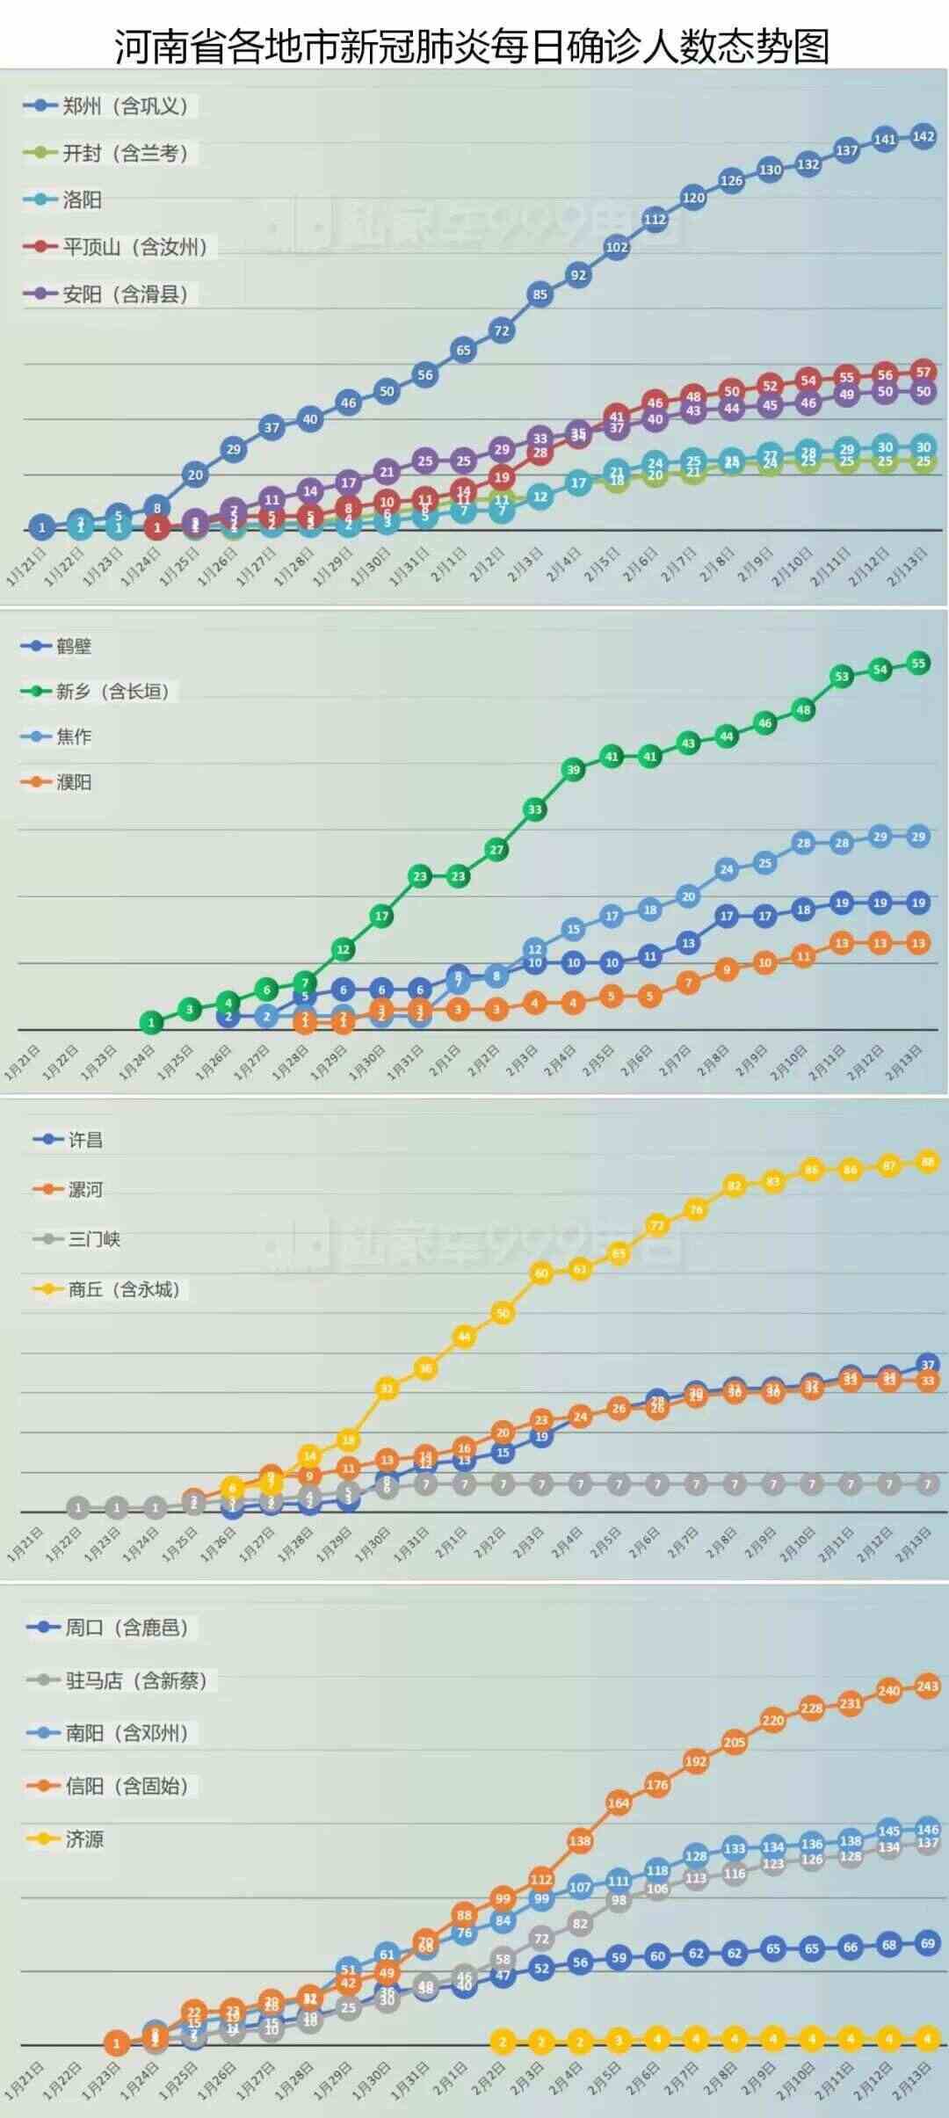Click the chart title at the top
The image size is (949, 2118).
coord(473,46)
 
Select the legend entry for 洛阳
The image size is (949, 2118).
coord(82,199)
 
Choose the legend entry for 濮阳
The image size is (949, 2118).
coord(74,782)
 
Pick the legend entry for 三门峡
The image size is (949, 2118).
coord(94,1239)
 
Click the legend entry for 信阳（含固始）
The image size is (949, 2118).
coord(127,1785)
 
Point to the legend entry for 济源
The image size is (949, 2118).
coord(84,1839)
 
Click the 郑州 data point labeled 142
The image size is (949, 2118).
coord(923,136)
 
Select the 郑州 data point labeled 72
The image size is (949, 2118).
coord(502,331)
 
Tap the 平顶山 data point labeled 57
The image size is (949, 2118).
coord(923,372)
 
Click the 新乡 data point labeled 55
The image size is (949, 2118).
coord(918,664)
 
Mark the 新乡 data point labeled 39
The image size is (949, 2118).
coord(574,770)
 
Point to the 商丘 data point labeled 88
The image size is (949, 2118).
coord(928,1162)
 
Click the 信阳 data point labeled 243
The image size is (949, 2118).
coord(928,1686)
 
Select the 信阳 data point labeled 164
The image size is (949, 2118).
coord(619,1802)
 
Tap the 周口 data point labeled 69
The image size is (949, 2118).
coord(928,1943)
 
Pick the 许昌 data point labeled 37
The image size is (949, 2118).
coord(928,1365)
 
